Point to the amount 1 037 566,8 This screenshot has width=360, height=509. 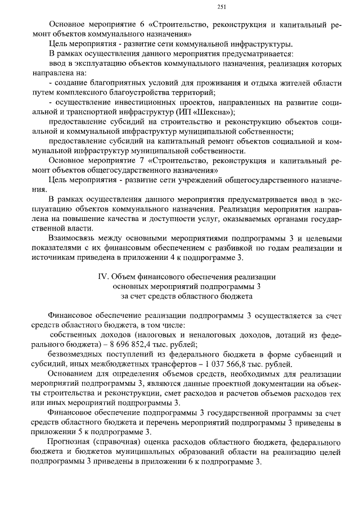(x=241, y=364)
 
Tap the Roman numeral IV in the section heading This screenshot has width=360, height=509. (x=102, y=276)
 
